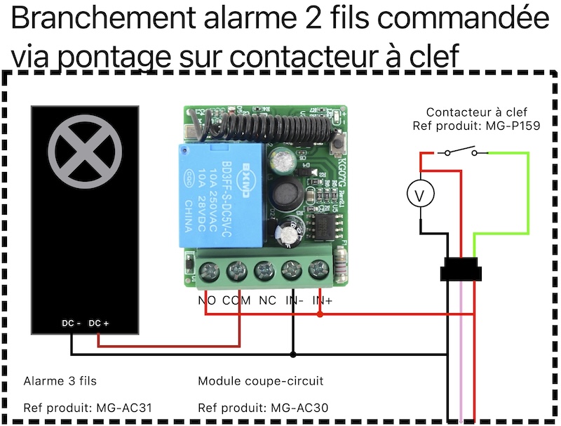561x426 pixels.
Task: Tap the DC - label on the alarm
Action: click(72, 324)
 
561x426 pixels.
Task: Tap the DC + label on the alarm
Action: click(100, 324)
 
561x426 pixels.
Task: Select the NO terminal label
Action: click(208, 300)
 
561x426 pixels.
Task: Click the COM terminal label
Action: click(237, 300)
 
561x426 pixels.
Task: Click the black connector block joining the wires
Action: click(461, 271)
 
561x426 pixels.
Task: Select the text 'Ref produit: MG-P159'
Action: click(477, 126)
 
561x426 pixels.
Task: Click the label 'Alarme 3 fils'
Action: click(60, 381)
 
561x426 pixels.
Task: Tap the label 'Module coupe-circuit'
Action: click(261, 381)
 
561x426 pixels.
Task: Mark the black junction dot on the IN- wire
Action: click(293, 354)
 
